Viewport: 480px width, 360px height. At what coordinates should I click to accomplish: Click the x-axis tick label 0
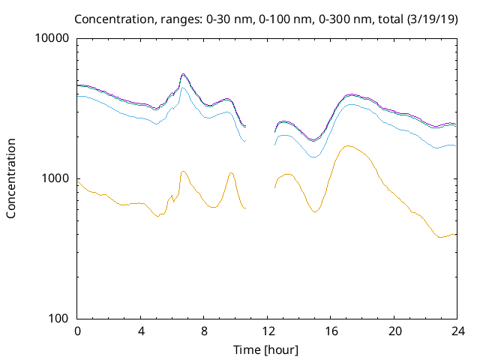(x=77, y=331)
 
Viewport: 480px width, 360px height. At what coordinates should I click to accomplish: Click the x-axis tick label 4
(x=141, y=331)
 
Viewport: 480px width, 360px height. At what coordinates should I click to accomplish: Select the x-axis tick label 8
(x=204, y=331)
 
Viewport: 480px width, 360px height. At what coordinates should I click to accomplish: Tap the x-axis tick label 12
(x=268, y=331)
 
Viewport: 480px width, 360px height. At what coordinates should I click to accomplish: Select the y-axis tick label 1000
(x=57, y=178)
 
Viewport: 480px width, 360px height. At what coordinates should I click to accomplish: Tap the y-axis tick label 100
(x=60, y=319)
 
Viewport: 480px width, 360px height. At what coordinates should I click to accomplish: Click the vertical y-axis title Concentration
(x=11, y=178)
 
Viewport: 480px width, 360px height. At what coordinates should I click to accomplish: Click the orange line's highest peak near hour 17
(x=346, y=146)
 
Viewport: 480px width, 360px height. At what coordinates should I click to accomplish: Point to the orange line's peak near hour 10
(x=231, y=172)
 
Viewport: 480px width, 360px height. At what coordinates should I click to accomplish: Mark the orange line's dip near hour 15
(x=314, y=212)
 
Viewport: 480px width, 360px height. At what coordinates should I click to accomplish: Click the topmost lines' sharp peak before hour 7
(x=183, y=74)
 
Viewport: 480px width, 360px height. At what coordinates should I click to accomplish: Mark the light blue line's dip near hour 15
(x=313, y=157)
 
